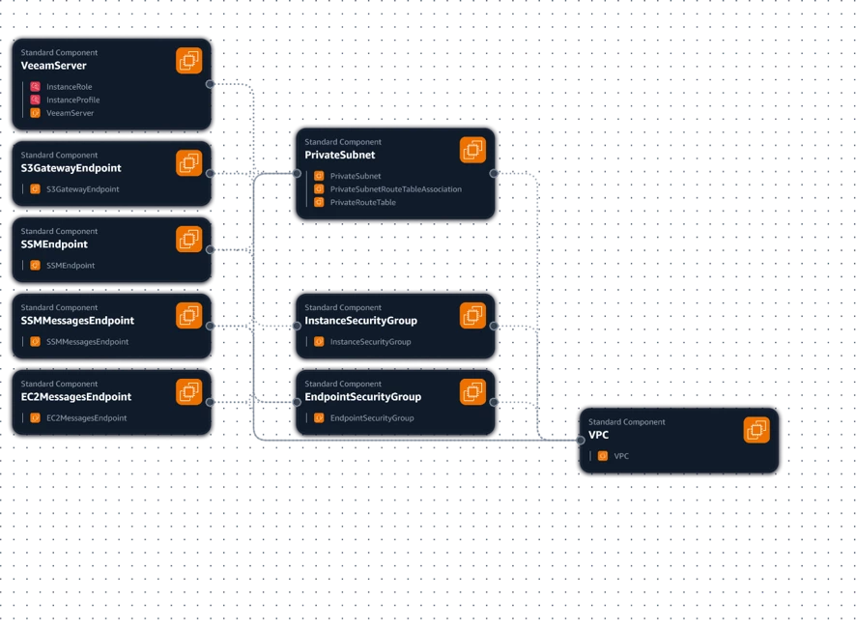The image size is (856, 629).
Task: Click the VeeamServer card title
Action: point(53,66)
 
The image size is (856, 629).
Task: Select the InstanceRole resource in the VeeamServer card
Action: point(69,87)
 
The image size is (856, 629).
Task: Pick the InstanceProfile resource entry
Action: point(72,100)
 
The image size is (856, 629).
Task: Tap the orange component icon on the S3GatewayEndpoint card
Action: point(189,162)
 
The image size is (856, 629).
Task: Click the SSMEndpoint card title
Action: point(54,244)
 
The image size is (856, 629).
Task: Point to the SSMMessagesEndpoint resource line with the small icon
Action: point(87,342)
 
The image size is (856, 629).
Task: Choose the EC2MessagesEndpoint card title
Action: point(76,397)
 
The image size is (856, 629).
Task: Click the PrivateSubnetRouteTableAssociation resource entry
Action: point(396,189)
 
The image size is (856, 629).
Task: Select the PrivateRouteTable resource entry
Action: point(362,203)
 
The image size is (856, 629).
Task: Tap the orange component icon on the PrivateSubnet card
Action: point(472,150)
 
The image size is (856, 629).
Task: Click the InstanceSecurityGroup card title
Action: point(360,321)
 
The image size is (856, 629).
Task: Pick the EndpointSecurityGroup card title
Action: point(362,397)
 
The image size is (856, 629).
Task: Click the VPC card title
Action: point(598,435)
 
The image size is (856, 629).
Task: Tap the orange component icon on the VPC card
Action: point(756,430)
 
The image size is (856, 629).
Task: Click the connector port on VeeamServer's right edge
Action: point(211,84)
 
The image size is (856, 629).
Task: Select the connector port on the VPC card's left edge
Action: point(581,440)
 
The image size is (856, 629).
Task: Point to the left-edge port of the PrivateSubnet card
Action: point(297,174)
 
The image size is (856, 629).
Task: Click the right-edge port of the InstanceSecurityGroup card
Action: point(494,326)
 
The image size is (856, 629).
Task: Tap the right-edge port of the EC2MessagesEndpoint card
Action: point(211,402)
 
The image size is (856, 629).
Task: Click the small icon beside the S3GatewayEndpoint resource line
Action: point(35,189)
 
